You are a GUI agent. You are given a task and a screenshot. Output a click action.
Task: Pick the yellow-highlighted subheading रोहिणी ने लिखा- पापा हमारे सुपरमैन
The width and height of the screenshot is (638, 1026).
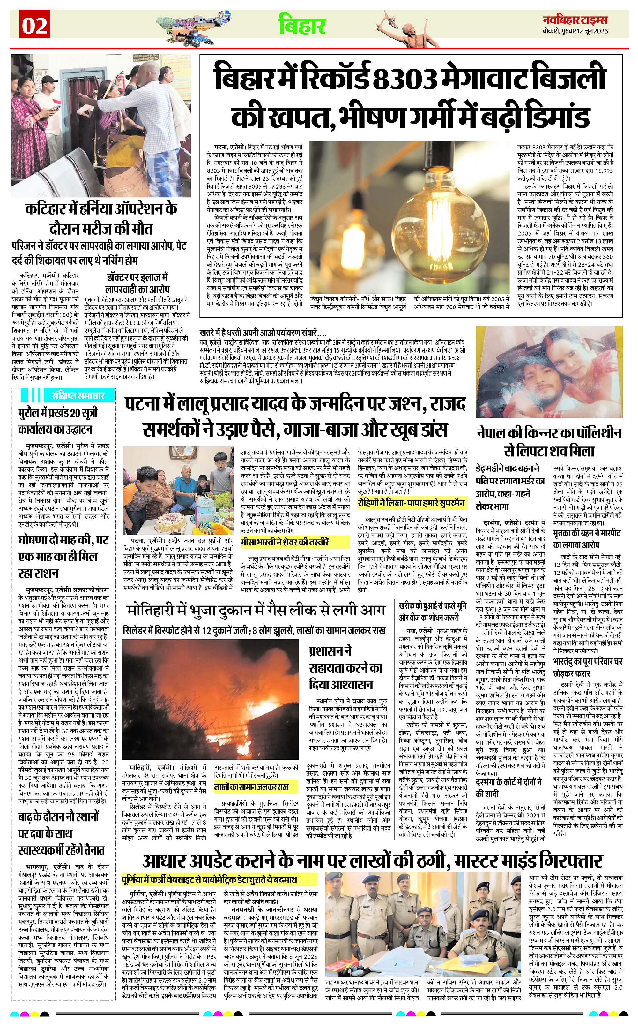411,503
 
